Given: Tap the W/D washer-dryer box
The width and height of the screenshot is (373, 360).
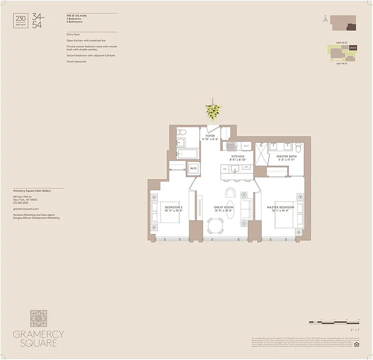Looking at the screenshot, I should pyautogui.click(x=193, y=168).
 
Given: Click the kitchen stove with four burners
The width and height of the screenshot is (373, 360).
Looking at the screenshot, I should pyautogui.click(x=231, y=146).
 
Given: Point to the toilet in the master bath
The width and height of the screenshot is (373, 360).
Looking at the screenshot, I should pyautogui.click(x=298, y=148).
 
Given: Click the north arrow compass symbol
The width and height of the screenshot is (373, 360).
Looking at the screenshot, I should pyautogui.click(x=324, y=18).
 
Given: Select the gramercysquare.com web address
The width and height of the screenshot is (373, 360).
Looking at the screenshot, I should pyautogui.click(x=26, y=209).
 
